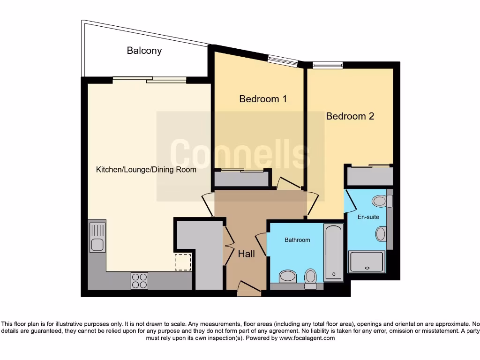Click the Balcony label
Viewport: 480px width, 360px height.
tap(144, 51)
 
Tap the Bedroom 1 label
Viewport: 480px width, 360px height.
tap(262, 99)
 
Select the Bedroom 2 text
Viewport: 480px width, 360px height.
tap(350, 116)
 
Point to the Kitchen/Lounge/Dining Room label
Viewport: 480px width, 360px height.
tap(146, 170)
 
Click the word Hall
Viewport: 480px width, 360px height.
tap(246, 254)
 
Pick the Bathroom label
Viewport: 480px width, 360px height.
tap(297, 240)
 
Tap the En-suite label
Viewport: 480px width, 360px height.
tap(368, 217)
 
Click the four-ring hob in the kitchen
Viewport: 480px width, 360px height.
tap(139, 280)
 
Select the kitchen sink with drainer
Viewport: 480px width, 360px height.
tap(97, 238)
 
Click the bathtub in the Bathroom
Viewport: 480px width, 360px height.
tap(333, 252)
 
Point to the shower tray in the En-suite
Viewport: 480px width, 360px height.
tap(367, 262)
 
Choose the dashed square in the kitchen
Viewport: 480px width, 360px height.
tap(183, 262)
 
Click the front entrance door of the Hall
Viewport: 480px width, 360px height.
tap(249, 289)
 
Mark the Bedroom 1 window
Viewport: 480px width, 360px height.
tap(282, 61)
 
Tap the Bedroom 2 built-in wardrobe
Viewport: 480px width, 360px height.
tap(369, 176)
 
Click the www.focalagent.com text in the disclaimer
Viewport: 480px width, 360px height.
tap(307, 338)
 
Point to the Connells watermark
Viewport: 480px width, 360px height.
tap(240, 154)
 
